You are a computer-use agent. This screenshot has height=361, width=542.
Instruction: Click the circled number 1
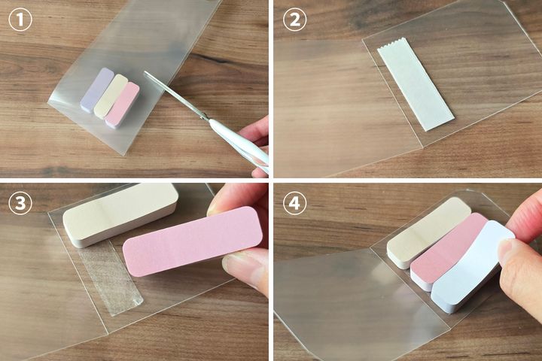20,20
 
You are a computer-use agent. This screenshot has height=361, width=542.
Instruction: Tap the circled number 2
294,20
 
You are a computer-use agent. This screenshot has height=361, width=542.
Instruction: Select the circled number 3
20,203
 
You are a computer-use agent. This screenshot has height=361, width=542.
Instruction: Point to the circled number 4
294,203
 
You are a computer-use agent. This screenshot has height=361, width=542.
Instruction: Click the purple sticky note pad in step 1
97,89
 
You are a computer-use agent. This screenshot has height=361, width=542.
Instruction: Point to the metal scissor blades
175,96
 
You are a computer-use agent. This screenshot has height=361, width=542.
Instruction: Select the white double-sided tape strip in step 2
416,85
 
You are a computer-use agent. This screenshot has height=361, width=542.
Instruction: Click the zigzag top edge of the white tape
391,44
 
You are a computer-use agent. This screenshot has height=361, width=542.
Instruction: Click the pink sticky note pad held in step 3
193,241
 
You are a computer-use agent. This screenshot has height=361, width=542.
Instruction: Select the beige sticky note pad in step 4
428,233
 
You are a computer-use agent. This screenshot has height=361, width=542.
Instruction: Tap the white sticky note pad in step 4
472,267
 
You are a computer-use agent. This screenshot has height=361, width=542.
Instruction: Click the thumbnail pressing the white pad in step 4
509,253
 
